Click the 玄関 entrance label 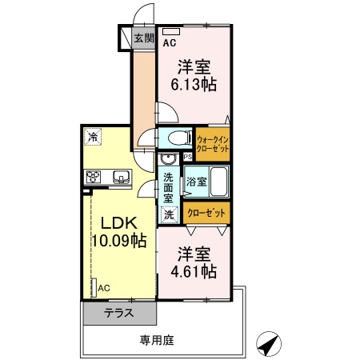tap(143, 37)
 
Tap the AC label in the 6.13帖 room tap(170, 45)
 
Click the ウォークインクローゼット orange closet tap(213, 142)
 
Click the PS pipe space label tap(188, 157)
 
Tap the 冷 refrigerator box tap(94, 137)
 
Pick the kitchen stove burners tap(92, 177)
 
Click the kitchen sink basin tap(121, 177)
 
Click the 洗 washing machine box tap(169, 214)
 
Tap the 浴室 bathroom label tap(198, 182)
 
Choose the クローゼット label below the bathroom tap(206, 214)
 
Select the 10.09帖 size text tap(117, 240)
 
